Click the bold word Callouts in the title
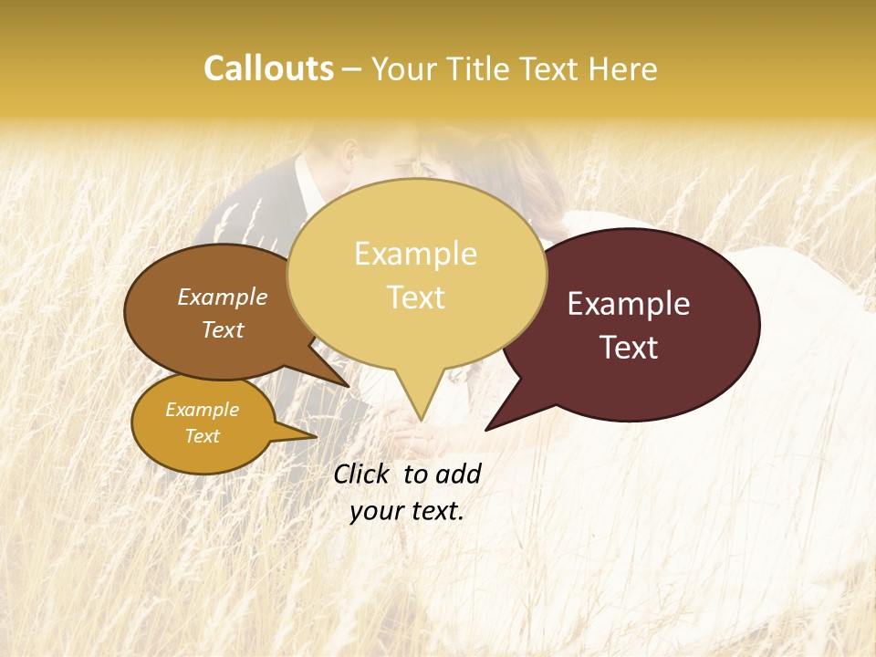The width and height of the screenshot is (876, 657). coord(268,68)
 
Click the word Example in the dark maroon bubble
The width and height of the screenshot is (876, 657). coord(629,304)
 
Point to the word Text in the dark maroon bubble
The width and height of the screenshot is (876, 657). coord(629,348)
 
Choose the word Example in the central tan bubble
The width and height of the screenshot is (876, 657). coord(415,254)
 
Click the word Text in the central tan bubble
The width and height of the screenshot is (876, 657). coord(415,297)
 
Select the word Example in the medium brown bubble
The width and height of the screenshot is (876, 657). coord(223,297)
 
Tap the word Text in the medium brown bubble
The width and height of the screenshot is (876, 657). coord(223,329)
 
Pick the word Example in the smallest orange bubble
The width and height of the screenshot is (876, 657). coord(203,410)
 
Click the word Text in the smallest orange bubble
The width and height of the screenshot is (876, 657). coord(203,436)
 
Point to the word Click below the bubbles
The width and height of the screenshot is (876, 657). coord(363,474)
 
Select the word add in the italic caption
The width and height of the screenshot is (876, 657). coord(458,474)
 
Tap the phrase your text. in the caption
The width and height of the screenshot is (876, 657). coord(407,511)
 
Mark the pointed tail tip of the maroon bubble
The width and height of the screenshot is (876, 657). coord(486,429)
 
